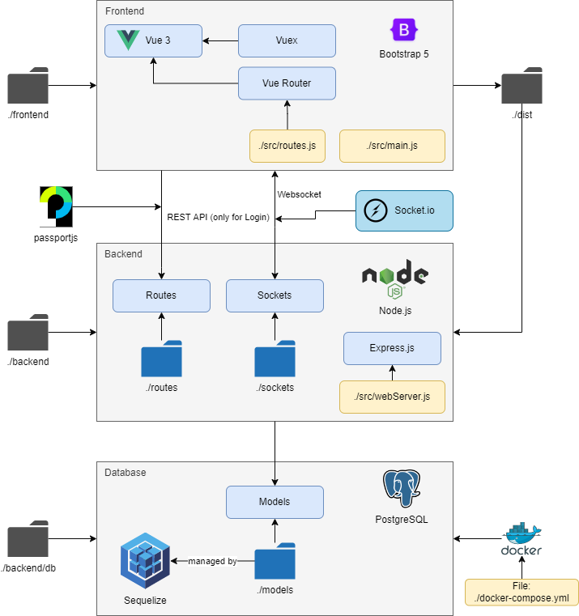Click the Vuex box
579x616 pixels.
(287, 40)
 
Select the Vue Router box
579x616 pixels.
(287, 83)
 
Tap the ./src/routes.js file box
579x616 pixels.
(287, 146)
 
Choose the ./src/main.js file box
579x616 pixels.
(392, 146)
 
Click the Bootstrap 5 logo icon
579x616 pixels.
(402, 31)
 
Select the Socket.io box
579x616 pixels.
(404, 210)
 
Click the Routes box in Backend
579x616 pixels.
(161, 295)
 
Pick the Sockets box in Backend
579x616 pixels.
(275, 295)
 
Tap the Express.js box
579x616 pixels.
(392, 348)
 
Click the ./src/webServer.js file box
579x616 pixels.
(392, 397)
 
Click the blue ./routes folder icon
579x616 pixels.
(161, 359)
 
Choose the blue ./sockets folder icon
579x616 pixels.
(275, 359)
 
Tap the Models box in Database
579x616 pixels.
(275, 502)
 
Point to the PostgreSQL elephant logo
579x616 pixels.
(402, 489)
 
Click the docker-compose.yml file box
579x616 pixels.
(522, 592)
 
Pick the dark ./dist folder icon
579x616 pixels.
(522, 87)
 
